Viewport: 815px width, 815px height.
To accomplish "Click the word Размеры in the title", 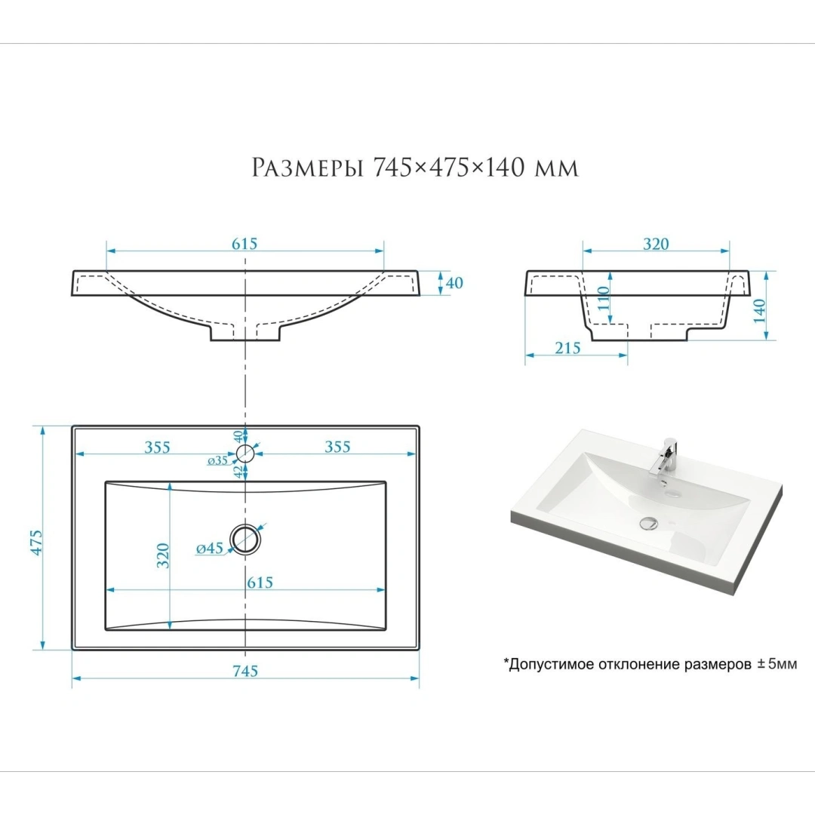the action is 308,168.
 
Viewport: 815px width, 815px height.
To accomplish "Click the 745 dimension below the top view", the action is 245,671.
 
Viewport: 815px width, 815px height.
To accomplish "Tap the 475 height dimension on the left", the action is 36,543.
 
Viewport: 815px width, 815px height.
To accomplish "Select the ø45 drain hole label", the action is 210,548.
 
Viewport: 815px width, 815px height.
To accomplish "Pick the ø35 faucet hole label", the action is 218,460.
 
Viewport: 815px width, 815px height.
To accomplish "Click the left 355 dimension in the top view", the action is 158,447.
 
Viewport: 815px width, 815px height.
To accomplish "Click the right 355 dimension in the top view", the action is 337,447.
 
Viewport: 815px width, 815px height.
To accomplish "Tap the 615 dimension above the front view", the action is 244,243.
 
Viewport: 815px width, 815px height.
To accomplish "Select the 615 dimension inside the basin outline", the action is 260,582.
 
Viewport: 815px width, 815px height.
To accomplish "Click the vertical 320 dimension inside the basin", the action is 163,555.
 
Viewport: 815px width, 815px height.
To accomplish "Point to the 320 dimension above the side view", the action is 656,244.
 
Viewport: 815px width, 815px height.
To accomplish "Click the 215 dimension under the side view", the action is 567,348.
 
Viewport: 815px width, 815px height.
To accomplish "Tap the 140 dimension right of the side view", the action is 759,310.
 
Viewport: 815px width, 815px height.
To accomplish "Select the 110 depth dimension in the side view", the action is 603,298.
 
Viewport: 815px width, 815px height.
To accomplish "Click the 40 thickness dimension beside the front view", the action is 454,283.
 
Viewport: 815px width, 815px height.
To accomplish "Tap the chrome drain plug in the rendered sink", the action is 649,523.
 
